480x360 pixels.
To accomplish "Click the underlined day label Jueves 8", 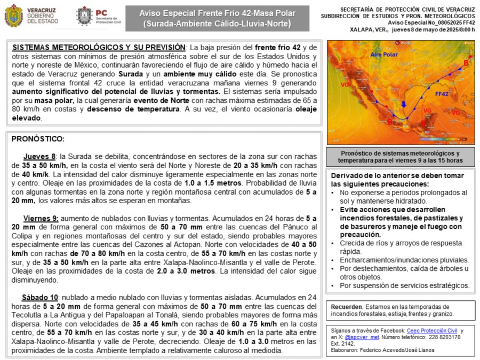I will click(39, 156).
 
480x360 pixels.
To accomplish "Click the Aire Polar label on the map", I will click(385, 54).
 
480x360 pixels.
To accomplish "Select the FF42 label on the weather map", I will click(442, 94).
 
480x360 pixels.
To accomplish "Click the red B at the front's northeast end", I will click(466, 63).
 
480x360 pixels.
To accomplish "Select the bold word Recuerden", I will click(346, 307).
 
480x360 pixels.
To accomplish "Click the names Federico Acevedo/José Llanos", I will click(401, 350).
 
